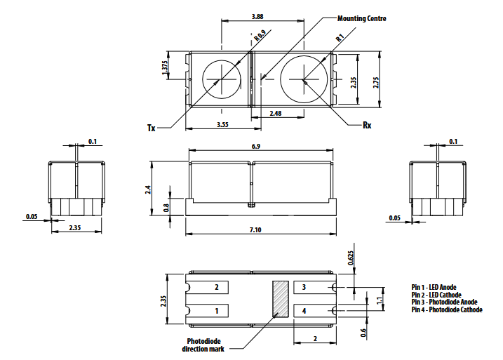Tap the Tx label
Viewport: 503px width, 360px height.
(151, 128)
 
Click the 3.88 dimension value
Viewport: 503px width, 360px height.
(257, 16)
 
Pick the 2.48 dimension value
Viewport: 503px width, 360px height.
(276, 113)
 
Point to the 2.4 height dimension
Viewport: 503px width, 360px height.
(148, 188)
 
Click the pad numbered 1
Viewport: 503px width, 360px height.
(217, 309)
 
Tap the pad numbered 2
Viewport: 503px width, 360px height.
(217, 288)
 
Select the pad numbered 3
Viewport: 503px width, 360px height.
(304, 288)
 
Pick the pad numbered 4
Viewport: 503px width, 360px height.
(304, 309)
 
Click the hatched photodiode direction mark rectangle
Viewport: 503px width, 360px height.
(281, 299)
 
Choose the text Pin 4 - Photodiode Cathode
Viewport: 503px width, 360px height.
(447, 309)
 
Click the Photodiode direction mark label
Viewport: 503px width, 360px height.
(204, 345)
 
